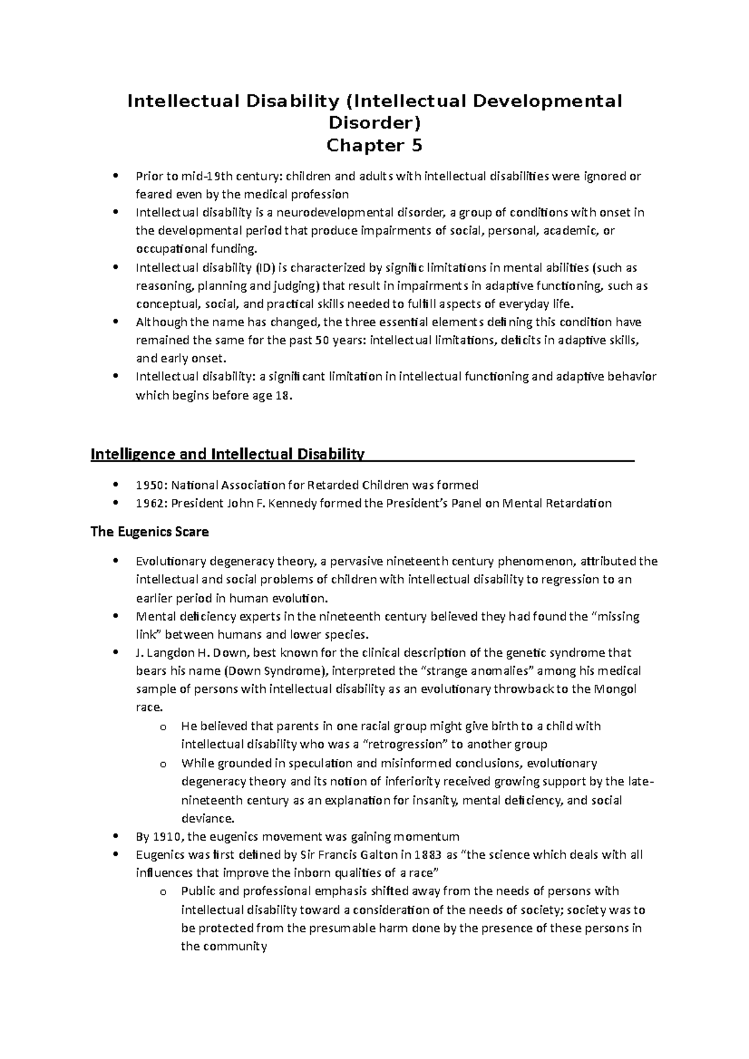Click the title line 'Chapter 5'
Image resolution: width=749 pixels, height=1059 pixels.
[374, 146]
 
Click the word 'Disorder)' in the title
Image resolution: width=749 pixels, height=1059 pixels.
[374, 123]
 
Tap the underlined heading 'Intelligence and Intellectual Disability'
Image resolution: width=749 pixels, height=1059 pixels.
[227, 453]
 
